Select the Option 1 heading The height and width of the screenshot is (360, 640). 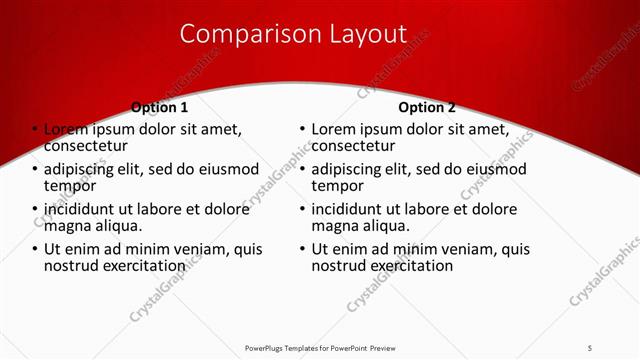point(159,107)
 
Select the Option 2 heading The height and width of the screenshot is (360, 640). point(426,107)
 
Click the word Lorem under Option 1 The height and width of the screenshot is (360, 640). point(66,129)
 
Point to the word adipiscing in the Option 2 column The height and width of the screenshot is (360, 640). point(352,169)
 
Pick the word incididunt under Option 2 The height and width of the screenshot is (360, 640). point(353,209)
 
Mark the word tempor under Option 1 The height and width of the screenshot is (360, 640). point(70,185)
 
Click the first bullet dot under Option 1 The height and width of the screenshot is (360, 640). point(34,130)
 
